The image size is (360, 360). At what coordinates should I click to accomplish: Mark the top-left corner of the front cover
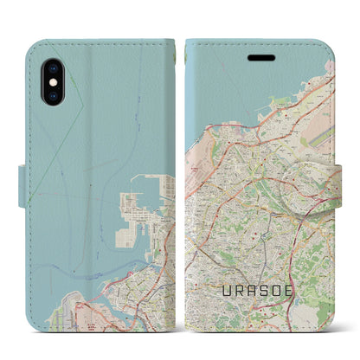(x=190, y=43)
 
